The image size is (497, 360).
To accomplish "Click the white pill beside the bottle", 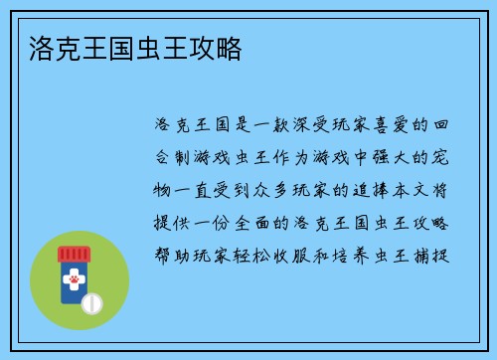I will click(92, 302).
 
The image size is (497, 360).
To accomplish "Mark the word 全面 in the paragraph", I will click(263, 221).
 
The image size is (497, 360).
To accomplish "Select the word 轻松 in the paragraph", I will click(263, 253).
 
